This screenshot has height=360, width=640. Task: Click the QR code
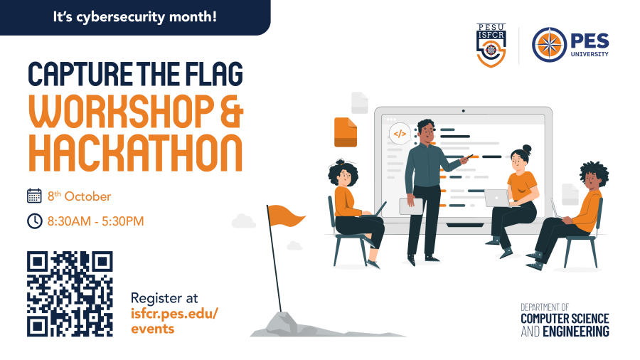[70, 293]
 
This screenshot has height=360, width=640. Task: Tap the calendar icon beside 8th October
[34, 196]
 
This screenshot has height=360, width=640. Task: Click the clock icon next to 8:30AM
[34, 221]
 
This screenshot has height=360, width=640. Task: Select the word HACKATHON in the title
[134, 150]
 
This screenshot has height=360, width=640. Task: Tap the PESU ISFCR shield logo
[492, 46]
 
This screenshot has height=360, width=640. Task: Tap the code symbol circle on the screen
[400, 133]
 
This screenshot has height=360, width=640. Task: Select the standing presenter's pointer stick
[454, 164]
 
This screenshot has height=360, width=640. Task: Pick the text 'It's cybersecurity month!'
[134, 16]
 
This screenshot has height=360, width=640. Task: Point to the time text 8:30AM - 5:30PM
[95, 221]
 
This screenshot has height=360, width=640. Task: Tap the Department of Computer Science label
[565, 319]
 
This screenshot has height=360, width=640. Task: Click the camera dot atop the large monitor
[464, 111]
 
